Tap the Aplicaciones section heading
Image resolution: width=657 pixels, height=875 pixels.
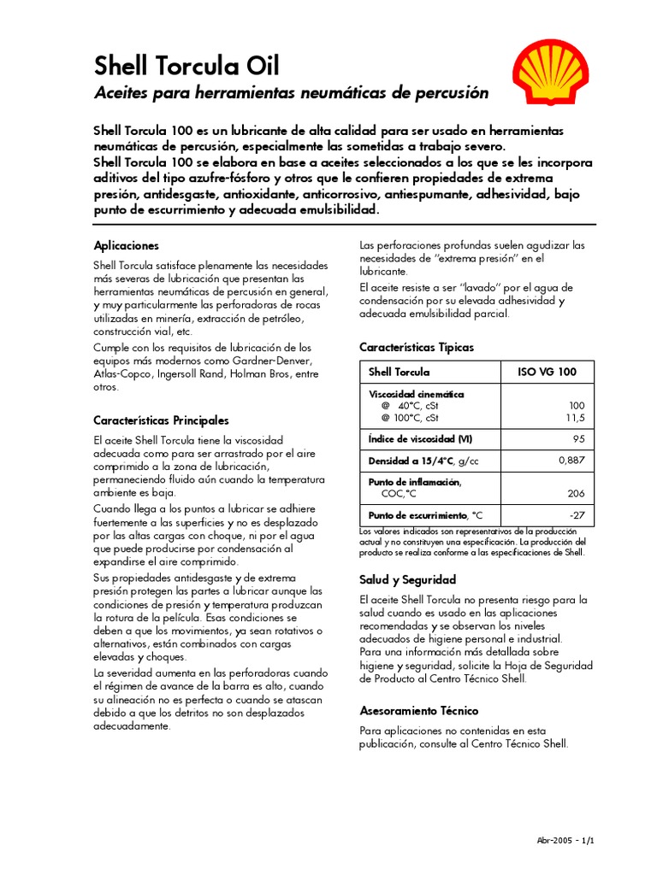126,245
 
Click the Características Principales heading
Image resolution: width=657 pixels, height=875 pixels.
161,420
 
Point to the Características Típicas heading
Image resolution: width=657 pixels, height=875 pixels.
416,348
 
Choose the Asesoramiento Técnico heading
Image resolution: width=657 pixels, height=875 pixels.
418,710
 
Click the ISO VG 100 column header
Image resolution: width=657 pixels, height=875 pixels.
547,373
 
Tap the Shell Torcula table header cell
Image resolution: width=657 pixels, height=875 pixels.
399,373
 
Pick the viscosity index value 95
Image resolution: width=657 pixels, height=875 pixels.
577,439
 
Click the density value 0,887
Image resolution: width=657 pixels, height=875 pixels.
571,461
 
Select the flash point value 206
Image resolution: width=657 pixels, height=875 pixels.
575,494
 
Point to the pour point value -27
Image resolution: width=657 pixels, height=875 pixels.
576,515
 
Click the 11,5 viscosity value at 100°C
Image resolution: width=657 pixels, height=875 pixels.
573,418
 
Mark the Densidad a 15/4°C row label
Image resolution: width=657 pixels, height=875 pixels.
423,461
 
